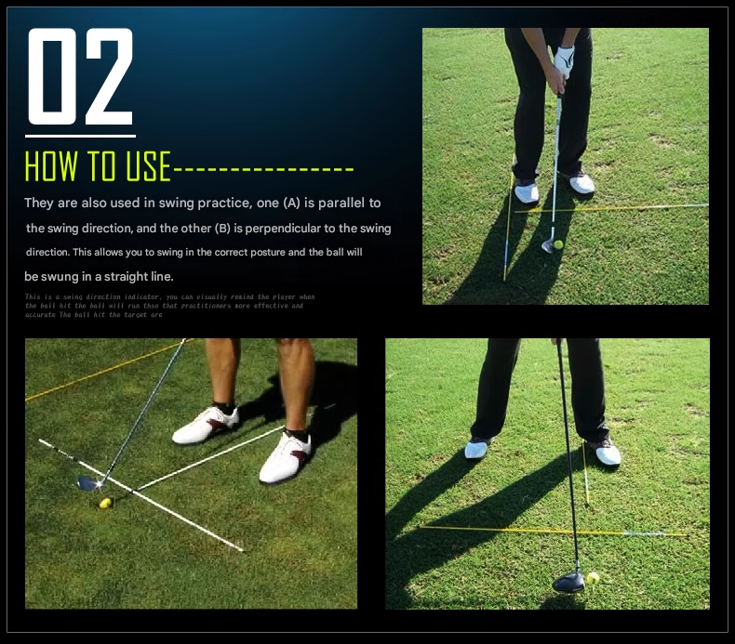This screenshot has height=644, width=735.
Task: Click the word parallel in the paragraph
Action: (341, 203)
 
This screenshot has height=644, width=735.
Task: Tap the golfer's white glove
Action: (564, 62)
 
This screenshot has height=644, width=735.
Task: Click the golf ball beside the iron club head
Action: (558, 244)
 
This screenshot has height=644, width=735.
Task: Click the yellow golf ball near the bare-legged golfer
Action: (106, 503)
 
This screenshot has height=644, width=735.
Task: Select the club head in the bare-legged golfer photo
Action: (89, 482)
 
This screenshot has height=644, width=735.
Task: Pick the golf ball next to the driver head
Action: (593, 578)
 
